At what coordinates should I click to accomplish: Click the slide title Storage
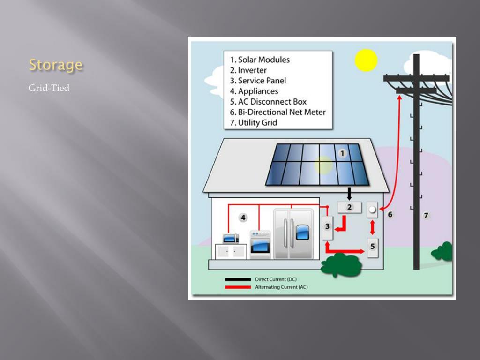(x=55, y=65)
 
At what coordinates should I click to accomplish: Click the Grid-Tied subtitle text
(x=49, y=88)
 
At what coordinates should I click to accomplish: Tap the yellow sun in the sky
(x=366, y=60)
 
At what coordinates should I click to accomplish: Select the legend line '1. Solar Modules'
(x=260, y=60)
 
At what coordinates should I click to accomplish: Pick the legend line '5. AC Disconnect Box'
(x=268, y=102)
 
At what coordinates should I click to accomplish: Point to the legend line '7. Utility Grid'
(x=253, y=123)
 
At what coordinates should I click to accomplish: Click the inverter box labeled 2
(x=349, y=207)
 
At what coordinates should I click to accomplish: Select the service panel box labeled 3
(x=328, y=227)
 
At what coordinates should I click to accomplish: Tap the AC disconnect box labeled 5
(x=373, y=247)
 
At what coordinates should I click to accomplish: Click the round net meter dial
(x=372, y=210)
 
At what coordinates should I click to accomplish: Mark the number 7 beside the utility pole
(x=426, y=216)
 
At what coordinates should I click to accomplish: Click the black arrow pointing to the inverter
(x=349, y=193)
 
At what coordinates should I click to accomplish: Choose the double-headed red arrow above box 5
(x=373, y=227)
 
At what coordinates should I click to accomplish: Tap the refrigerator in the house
(x=293, y=233)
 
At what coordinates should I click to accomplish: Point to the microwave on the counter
(x=231, y=238)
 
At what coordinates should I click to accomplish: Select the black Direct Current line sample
(x=238, y=279)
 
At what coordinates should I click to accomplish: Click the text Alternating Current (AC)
(x=281, y=287)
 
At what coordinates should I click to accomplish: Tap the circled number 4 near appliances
(x=243, y=217)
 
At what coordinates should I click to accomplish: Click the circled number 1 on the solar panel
(x=342, y=153)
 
